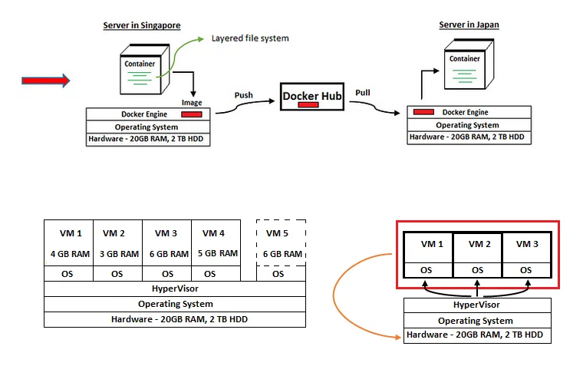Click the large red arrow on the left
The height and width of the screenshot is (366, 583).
pos(45,80)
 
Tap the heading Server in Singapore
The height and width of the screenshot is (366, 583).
pos(142,25)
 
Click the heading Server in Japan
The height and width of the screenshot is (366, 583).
pos(469,25)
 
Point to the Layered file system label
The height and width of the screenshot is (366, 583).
pos(250,38)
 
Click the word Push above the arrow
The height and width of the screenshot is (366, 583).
pos(243,95)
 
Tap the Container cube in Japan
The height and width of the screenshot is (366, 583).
pos(466,64)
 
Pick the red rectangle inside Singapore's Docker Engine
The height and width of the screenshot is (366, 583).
pos(191,114)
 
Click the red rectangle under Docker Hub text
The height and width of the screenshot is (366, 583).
pos(308,104)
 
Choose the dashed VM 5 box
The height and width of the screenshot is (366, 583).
pos(280,243)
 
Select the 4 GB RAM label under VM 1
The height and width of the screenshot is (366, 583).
pos(68,254)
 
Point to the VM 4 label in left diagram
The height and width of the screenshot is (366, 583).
pos(214,233)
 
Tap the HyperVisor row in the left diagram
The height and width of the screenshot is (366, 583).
pos(176,290)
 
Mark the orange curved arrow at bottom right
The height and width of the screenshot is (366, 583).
pos(345,295)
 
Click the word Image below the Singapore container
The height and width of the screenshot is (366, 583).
pos(192,102)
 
